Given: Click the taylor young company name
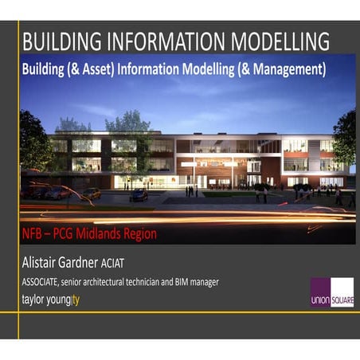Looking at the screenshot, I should coord(51,299).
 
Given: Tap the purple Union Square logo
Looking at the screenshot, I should coord(331,292).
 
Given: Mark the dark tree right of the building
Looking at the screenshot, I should coord(346,139).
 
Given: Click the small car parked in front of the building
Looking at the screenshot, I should coord(139,196).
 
